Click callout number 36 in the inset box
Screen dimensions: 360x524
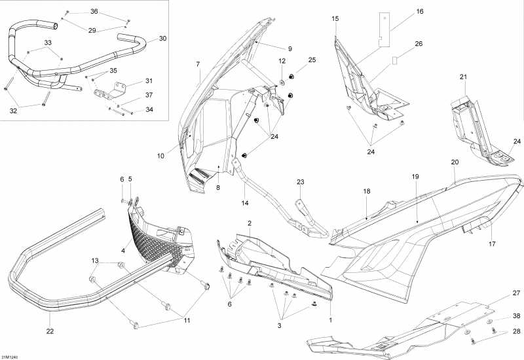click(x=94, y=12)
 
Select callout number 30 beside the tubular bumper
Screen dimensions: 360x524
click(x=163, y=39)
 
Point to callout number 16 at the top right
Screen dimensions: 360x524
click(x=420, y=11)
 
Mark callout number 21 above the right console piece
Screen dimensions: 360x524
click(x=464, y=77)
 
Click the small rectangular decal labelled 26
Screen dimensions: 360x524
click(x=395, y=60)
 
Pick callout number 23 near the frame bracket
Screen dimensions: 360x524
click(x=301, y=182)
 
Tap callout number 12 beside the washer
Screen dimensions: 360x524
click(x=282, y=61)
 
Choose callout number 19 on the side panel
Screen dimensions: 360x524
click(x=415, y=177)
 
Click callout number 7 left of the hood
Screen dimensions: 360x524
click(x=197, y=63)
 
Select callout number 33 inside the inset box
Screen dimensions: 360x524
click(x=48, y=43)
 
